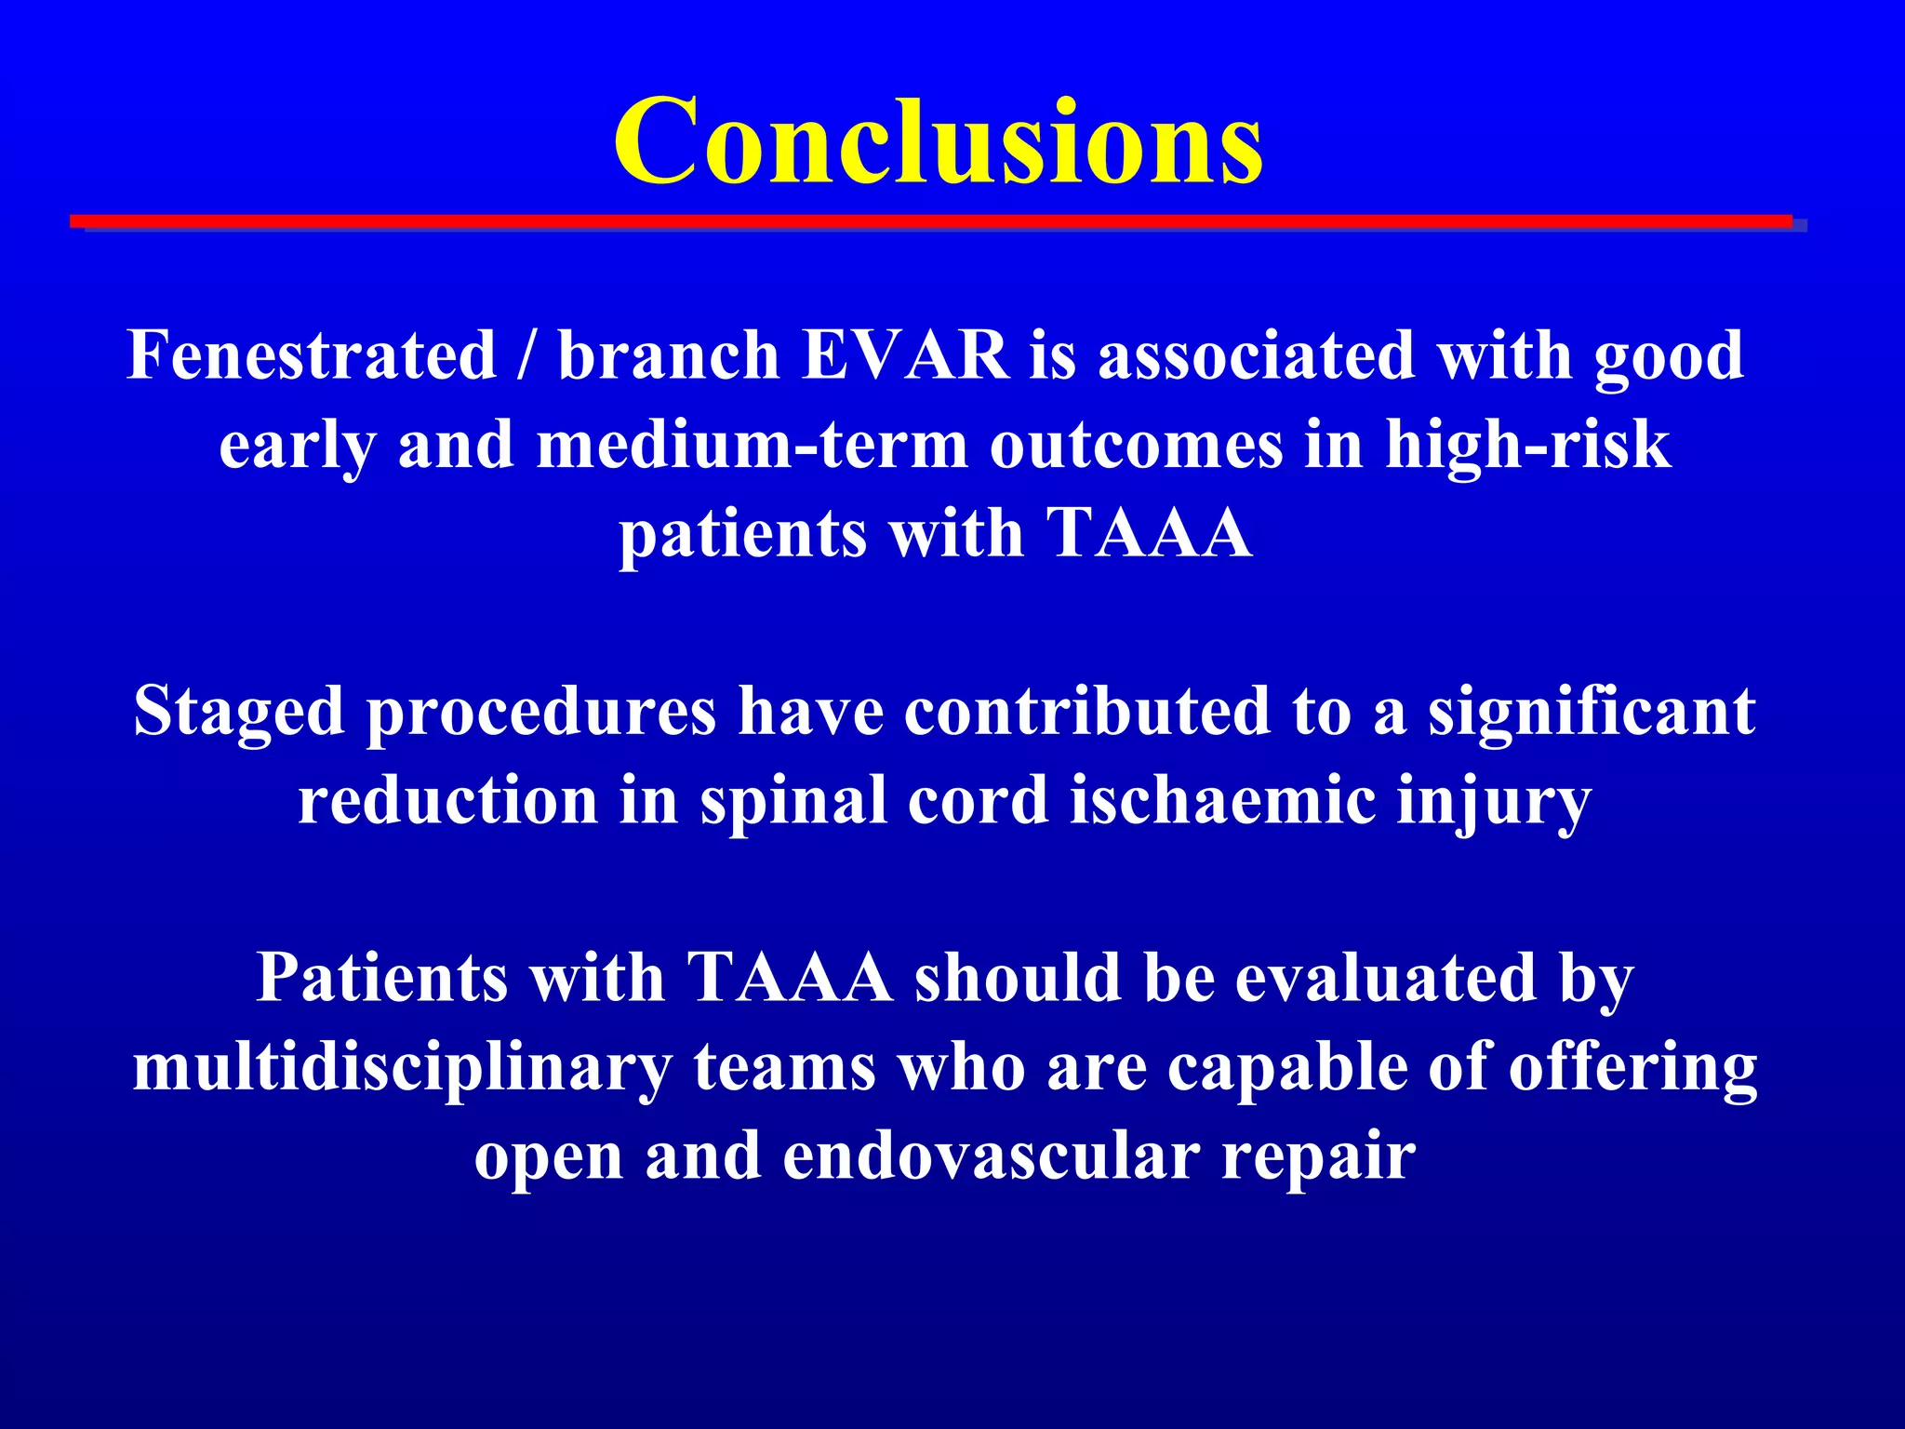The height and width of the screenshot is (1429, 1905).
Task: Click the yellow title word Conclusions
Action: (x=938, y=141)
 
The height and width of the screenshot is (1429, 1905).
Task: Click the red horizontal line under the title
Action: (x=930, y=221)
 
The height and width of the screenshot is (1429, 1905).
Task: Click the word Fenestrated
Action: (x=312, y=355)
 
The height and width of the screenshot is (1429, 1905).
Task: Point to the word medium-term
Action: (x=752, y=445)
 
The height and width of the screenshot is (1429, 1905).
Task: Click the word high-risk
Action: (x=1527, y=445)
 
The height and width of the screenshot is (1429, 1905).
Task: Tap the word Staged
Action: (x=238, y=713)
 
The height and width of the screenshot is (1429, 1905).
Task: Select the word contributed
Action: (x=1086, y=711)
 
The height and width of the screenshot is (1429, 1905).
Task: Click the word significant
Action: (x=1592, y=711)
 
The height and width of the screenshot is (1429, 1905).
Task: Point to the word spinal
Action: (x=793, y=800)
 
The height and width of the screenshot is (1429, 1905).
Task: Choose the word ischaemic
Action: (x=1222, y=800)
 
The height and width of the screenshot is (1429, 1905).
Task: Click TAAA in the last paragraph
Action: (x=790, y=978)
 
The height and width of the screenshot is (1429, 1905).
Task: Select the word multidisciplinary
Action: (x=402, y=1068)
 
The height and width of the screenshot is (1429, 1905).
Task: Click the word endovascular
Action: (x=991, y=1156)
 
